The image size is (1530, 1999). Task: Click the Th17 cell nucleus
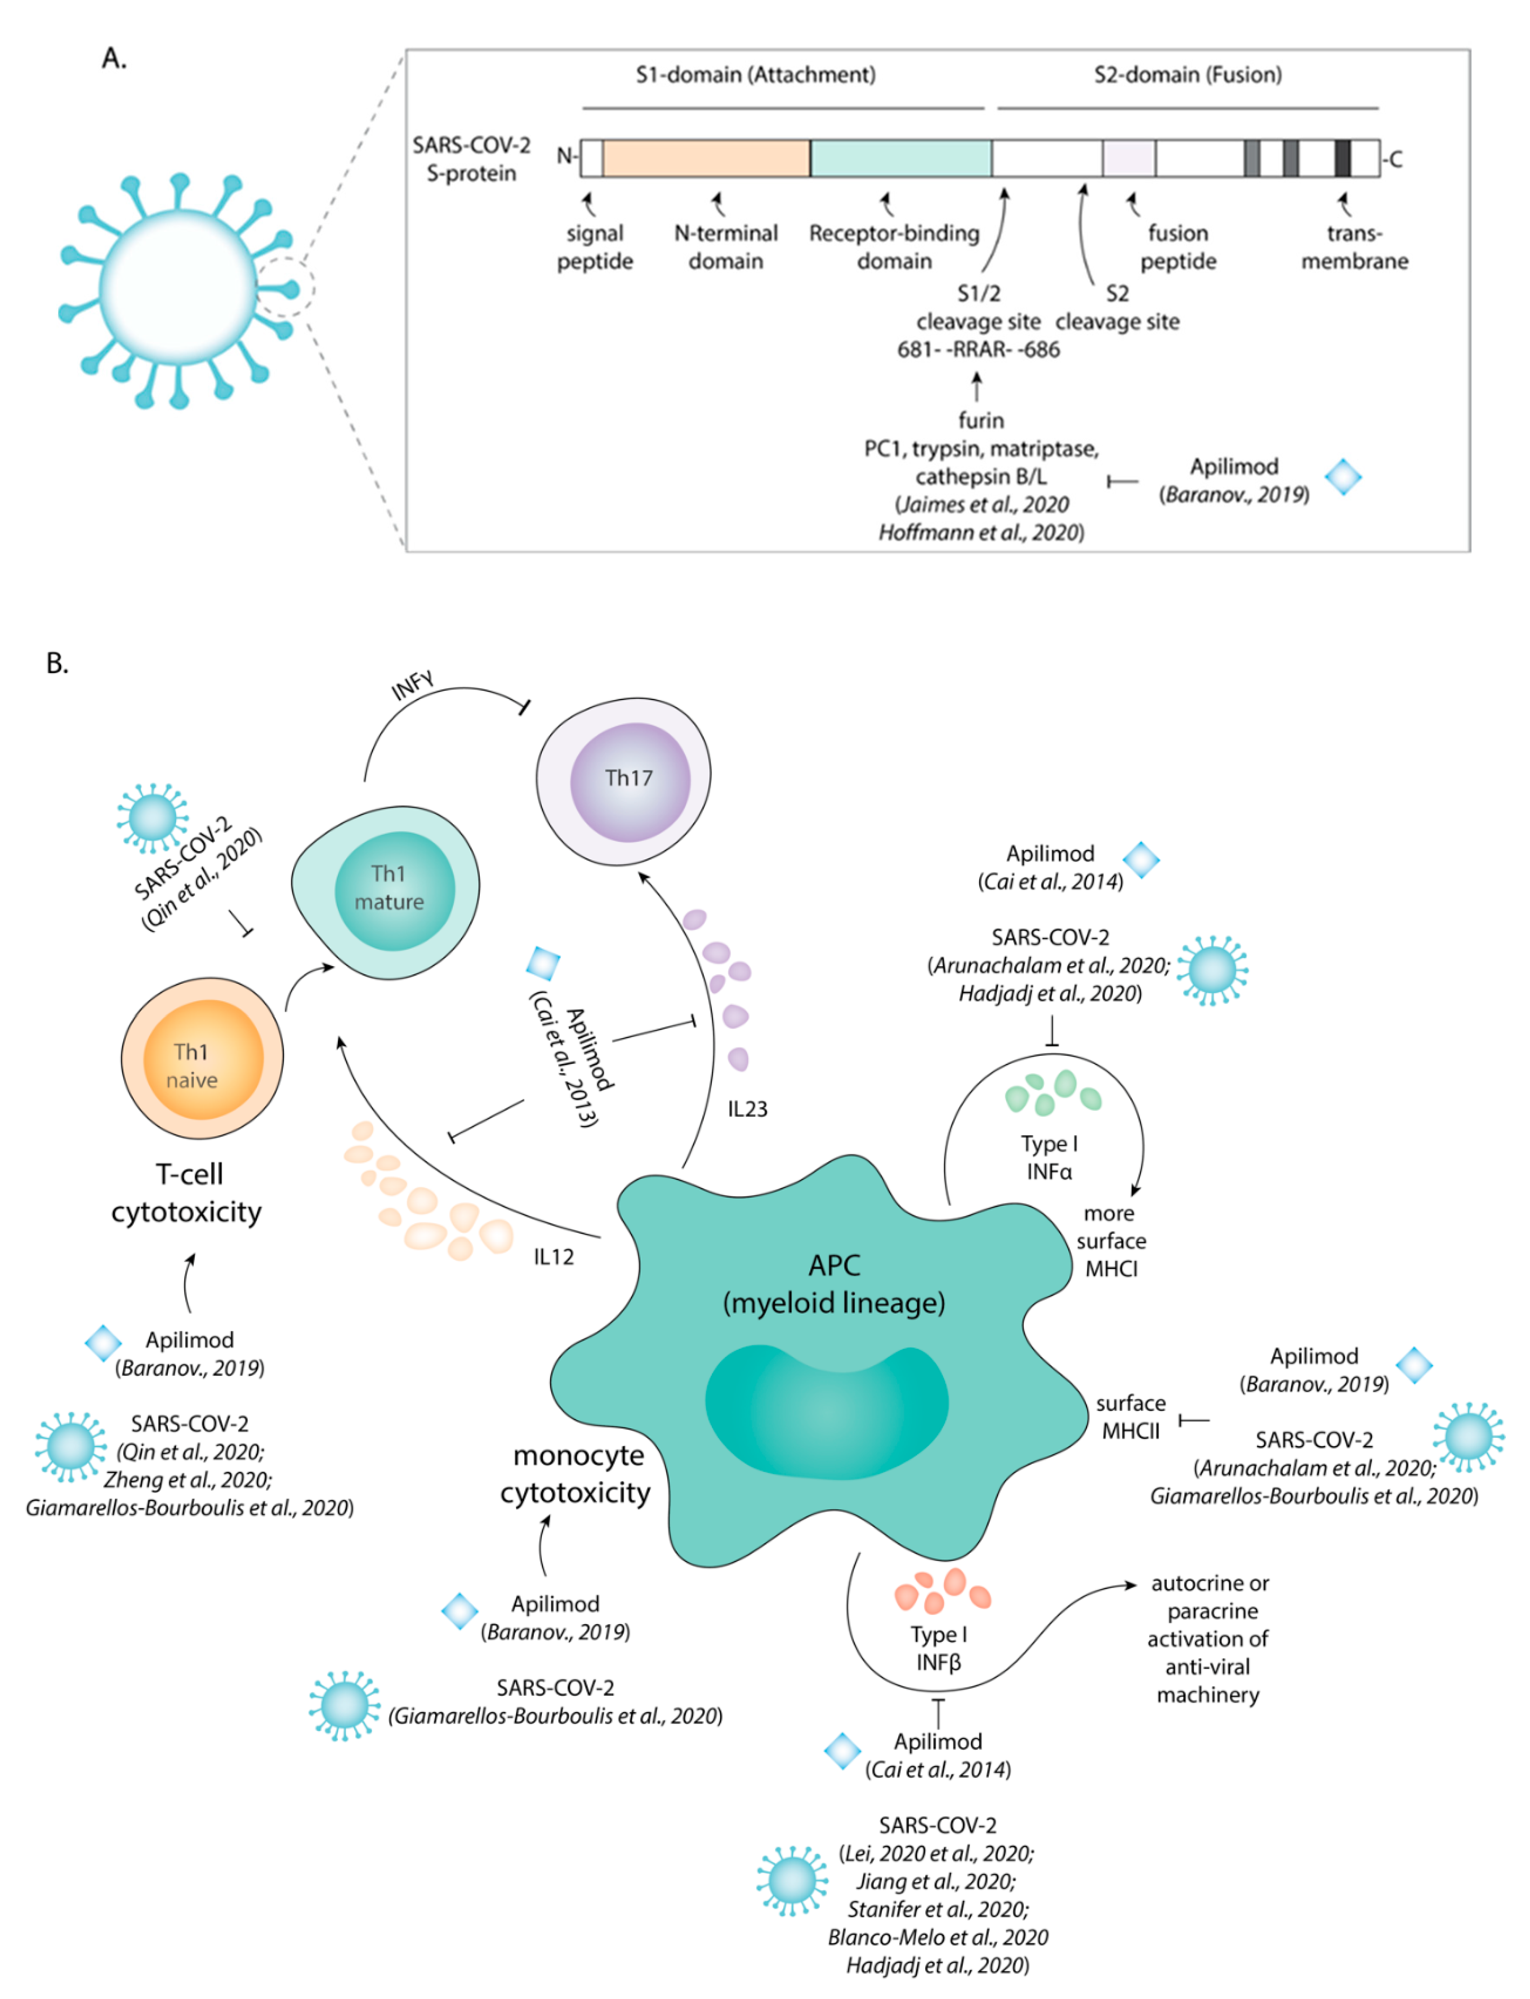tap(630, 782)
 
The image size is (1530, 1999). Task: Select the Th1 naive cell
tap(202, 1058)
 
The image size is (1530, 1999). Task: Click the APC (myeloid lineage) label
tap(834, 1284)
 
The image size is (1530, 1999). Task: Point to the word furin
tap(981, 421)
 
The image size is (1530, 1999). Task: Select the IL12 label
tap(554, 1257)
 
